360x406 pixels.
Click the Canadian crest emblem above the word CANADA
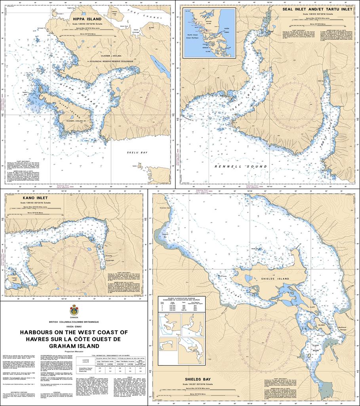point(74,310)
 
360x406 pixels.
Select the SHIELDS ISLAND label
point(270,279)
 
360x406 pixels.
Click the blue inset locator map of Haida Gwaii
point(209,33)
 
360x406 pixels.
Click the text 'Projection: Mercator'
point(74,351)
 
